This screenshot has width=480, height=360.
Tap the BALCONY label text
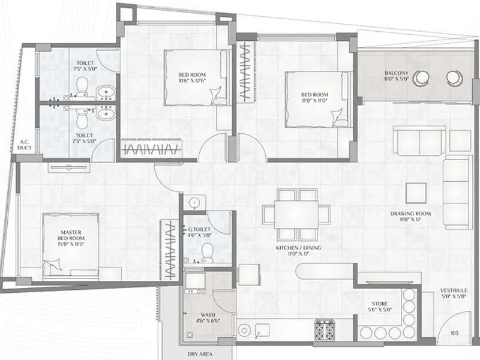397,74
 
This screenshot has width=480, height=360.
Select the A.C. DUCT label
25,145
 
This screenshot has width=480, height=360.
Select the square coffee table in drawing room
416,193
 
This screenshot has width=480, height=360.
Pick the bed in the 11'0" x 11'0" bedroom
316,99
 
